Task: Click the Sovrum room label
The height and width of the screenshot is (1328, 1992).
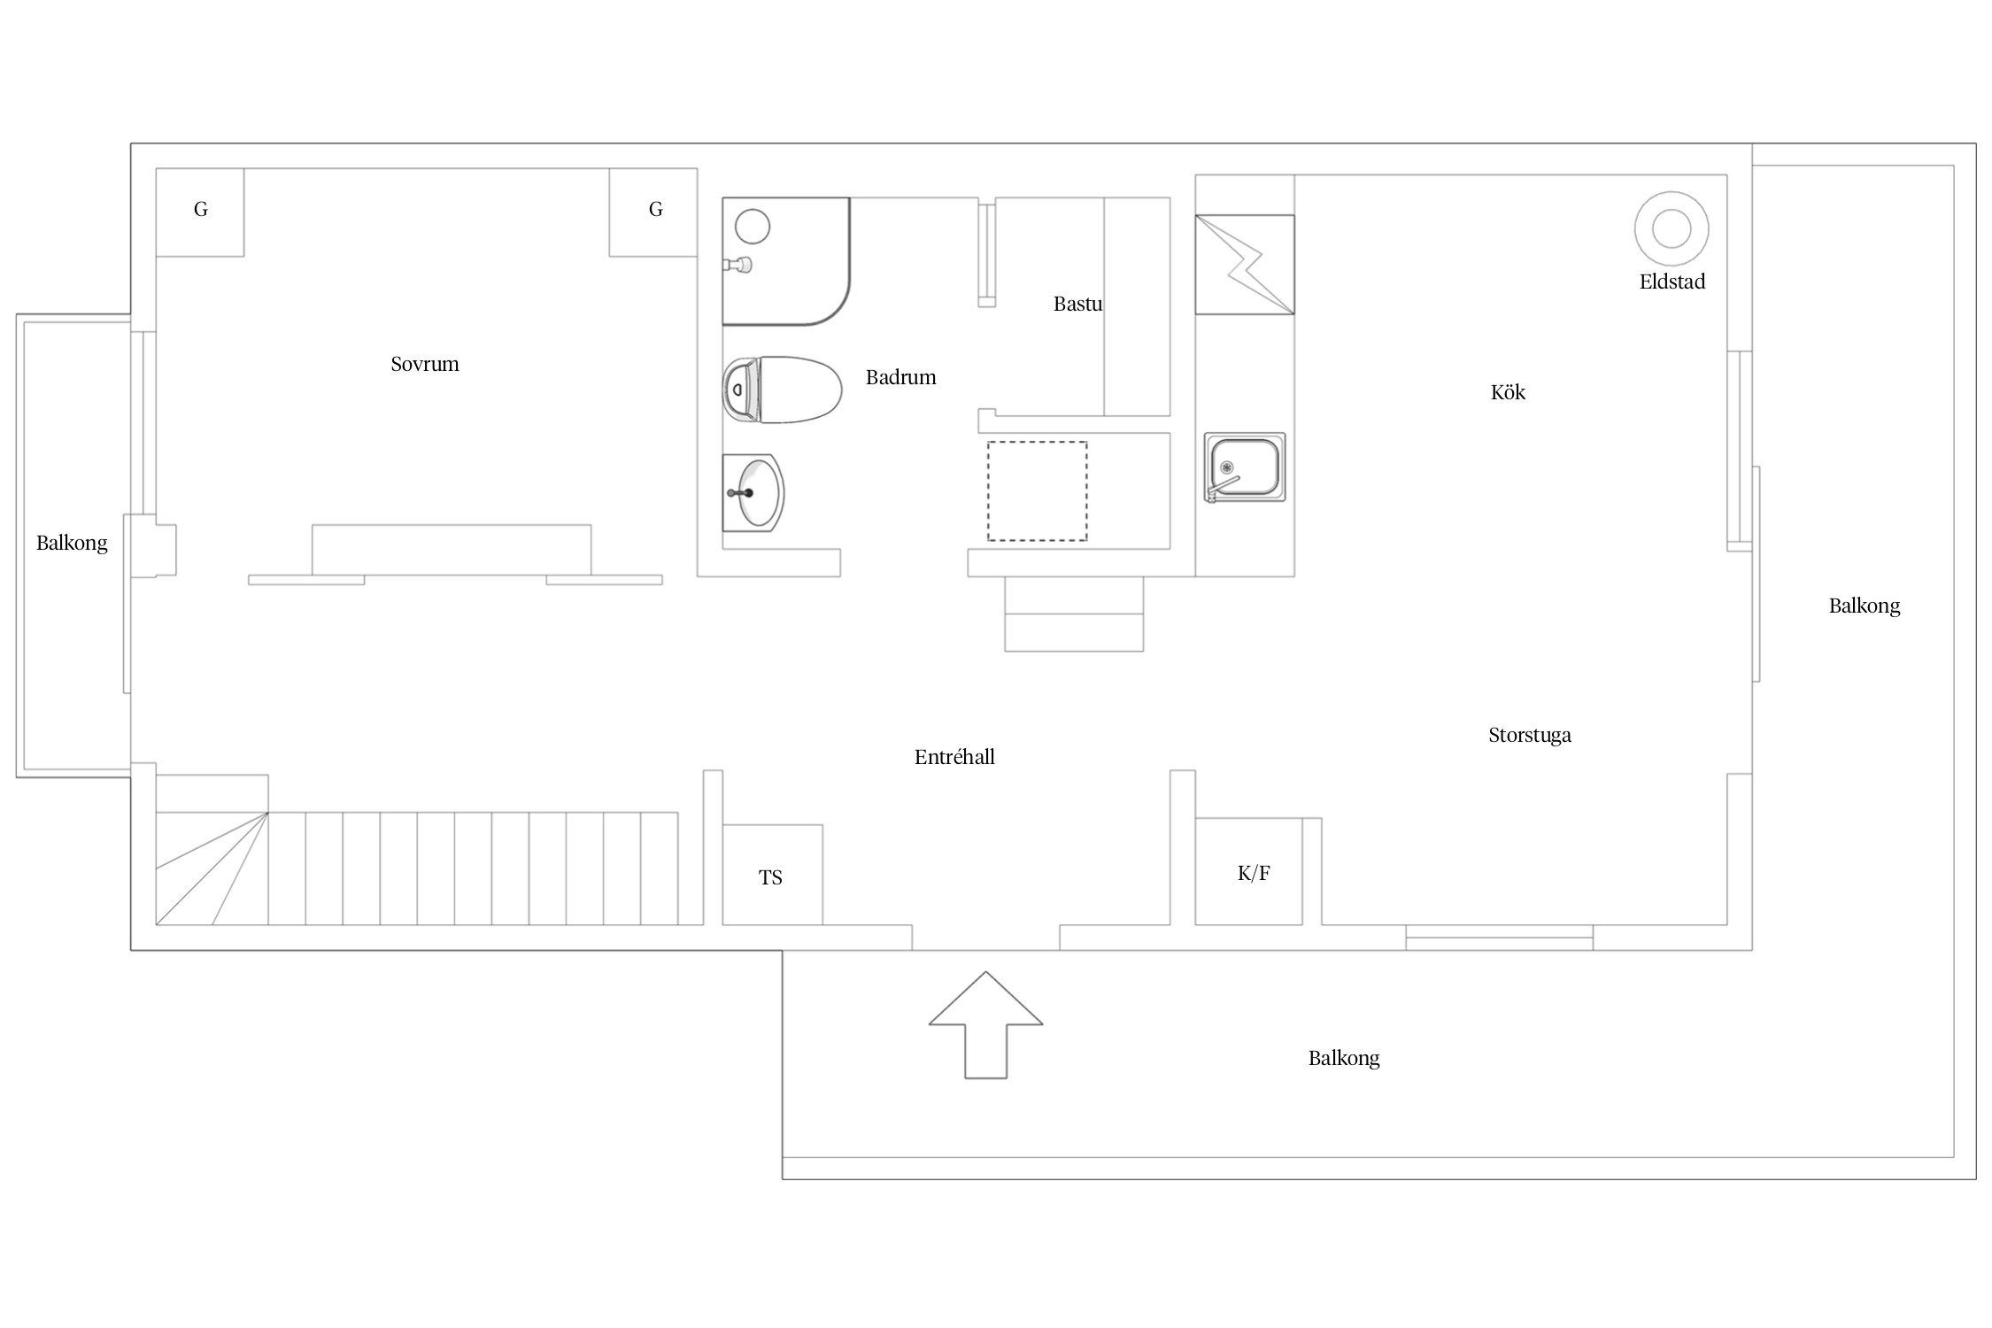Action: coord(425,364)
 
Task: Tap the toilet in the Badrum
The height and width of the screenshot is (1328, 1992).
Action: coord(782,390)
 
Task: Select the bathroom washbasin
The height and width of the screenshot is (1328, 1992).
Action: coord(753,493)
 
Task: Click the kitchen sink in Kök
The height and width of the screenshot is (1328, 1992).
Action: coord(1244,467)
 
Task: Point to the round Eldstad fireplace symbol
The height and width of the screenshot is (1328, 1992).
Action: coord(1672,228)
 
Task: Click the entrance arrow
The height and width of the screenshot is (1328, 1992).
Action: coord(985,1024)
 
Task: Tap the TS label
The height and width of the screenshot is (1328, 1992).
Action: coord(770,877)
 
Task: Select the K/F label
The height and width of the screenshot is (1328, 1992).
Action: coord(1254,874)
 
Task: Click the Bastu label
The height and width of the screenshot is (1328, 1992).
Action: coord(1077,304)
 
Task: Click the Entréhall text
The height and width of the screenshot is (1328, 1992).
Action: coord(954,757)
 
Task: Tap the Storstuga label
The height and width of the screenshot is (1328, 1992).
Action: coord(1530,736)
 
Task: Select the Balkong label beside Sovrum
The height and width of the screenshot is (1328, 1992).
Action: coord(72,544)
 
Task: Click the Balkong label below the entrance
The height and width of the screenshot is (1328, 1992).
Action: coord(1344,1059)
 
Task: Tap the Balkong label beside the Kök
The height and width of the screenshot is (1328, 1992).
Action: coord(1865,606)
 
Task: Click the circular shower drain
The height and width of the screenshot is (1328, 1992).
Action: coord(753,227)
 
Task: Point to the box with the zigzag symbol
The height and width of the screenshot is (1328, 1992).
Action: coord(1245,265)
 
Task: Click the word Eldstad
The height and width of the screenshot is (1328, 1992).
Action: coord(1672,282)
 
